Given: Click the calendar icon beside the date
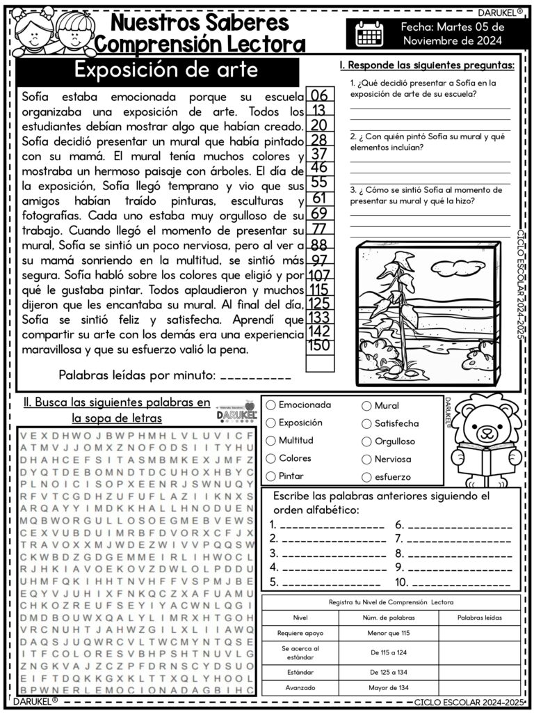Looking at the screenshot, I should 369,33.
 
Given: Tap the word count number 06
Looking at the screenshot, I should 319,95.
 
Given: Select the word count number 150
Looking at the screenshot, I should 319,345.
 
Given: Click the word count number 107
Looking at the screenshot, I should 319,275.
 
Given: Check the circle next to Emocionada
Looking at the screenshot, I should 271,405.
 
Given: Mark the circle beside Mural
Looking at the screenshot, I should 366,405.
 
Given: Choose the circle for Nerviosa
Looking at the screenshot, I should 366,459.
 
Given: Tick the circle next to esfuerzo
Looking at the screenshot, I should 366,477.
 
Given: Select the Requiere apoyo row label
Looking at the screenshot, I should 297,634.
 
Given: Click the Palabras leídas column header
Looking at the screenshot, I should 480,617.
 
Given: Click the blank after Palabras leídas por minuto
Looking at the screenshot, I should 255,377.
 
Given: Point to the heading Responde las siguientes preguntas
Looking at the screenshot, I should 427,65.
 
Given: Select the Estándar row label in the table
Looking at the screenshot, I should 297,672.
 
